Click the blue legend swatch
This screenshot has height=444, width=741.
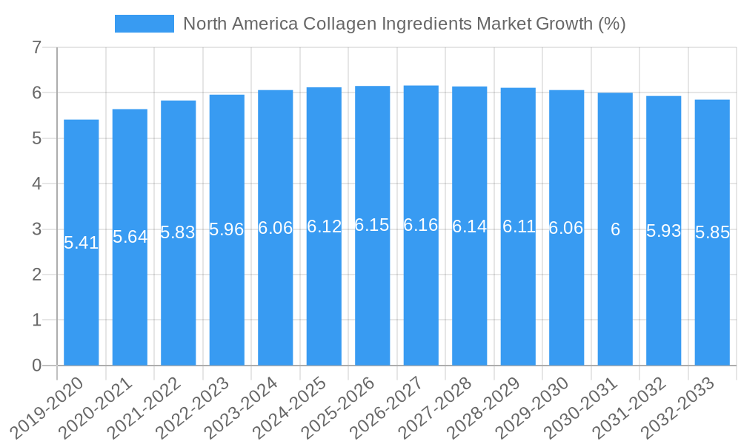[x=144, y=24]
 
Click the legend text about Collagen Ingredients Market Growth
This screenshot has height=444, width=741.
[x=404, y=24]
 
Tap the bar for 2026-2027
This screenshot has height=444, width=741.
[x=421, y=296]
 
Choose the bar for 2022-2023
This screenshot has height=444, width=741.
[x=227, y=296]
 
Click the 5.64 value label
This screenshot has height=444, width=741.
[x=130, y=237]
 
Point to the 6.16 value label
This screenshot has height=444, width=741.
[x=421, y=225]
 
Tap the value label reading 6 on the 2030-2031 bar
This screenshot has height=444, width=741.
[x=615, y=229]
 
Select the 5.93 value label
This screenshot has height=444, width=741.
[x=664, y=231]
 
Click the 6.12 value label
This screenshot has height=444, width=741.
[x=324, y=226]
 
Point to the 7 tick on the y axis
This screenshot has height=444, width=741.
[x=36, y=48]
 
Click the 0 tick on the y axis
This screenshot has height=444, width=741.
[x=36, y=366]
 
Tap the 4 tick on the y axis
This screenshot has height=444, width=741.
[x=36, y=184]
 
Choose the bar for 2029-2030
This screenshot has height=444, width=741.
[x=566, y=296]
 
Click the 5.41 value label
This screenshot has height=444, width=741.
[x=82, y=243]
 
